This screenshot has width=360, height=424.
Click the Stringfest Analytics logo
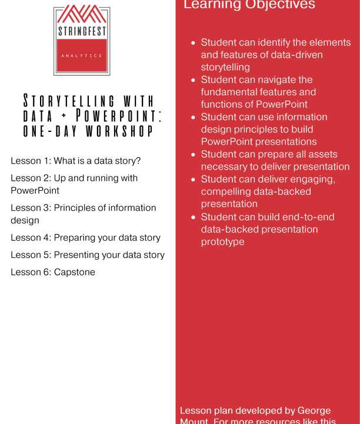click(x=81, y=41)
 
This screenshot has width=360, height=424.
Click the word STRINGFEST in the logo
click(x=81, y=31)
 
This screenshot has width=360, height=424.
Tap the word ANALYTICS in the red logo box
click(x=81, y=55)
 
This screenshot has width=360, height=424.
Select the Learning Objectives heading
click(x=249, y=5)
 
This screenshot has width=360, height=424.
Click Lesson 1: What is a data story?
click(x=76, y=161)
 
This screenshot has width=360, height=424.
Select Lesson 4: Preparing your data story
click(x=85, y=237)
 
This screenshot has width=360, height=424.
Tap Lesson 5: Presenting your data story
click(x=88, y=255)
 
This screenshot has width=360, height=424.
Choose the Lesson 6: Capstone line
click(x=53, y=272)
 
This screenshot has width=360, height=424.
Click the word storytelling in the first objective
click(x=225, y=67)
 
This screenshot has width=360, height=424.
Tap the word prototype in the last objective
click(x=222, y=241)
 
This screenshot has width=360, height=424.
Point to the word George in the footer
click(x=314, y=410)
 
